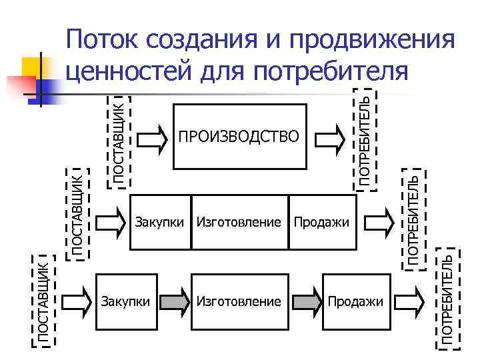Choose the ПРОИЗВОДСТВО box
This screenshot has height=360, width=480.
tap(239, 137)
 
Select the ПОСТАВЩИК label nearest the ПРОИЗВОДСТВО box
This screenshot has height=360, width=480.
tap(118, 141)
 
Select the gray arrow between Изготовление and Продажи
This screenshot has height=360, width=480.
tap(306, 301)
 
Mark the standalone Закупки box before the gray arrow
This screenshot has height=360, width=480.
tap(127, 301)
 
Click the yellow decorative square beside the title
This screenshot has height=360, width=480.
tap(33, 66)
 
